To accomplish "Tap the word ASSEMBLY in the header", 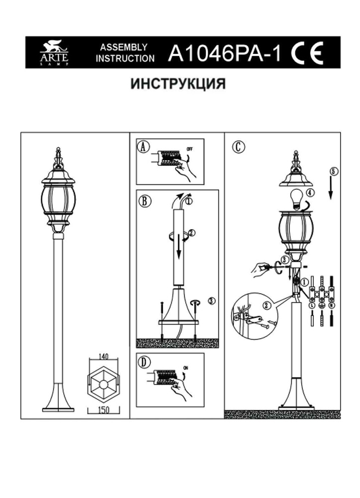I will pos(123,47).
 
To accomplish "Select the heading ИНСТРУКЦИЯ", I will pos(178,84).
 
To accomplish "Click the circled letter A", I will pos(143,147).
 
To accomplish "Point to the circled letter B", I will pos(143,201).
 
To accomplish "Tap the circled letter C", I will pos(239,147).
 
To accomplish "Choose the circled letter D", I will pos(143,362).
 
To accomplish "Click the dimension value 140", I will pos(104,356).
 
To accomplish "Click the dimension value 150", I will pos(104,409).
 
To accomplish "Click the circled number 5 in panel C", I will pos(333,171).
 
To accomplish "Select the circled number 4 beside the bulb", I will pos(310,192).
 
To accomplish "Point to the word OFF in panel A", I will pos(190,148).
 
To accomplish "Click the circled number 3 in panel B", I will pos(212,301).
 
